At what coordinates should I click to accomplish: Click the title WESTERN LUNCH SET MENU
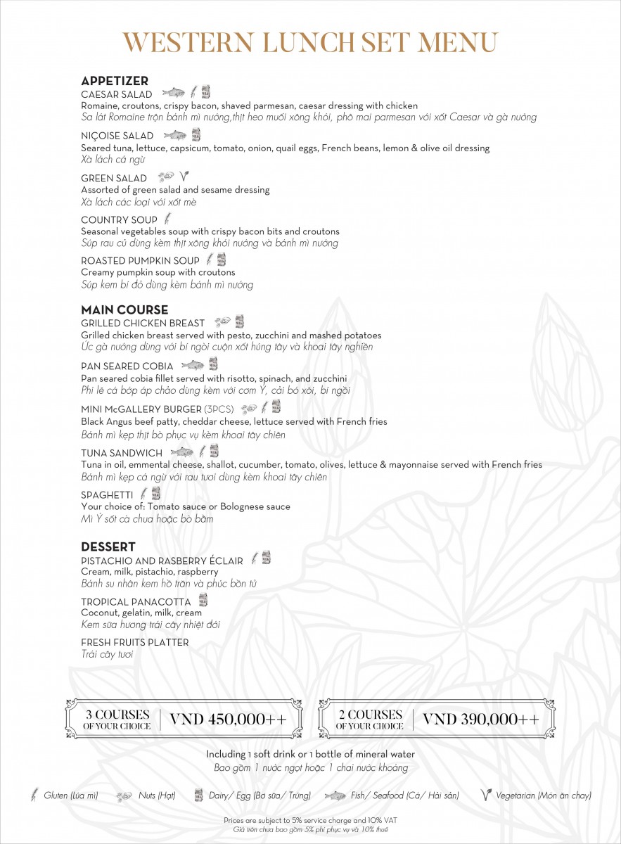point(310,42)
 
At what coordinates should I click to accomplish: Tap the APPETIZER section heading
point(115,81)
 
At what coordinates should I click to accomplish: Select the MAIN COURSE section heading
point(124,309)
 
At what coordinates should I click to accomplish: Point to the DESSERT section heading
point(108,546)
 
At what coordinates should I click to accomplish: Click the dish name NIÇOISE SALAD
point(117,136)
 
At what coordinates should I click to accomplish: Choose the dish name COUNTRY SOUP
point(119,220)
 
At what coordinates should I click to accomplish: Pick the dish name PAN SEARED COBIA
point(127,366)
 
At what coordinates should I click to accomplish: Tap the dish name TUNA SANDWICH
point(122,453)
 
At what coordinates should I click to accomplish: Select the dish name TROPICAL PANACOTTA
point(136,602)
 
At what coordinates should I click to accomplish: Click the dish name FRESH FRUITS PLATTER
point(134,642)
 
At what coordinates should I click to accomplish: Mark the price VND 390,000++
point(481,720)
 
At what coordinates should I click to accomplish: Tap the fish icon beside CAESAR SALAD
point(173,92)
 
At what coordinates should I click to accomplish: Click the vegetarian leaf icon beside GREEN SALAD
point(184,177)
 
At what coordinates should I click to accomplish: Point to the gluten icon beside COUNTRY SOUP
point(167,219)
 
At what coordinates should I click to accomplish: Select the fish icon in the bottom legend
point(335,795)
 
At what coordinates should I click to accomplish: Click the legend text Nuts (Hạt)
point(155,795)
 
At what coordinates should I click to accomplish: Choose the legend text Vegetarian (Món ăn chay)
point(543,795)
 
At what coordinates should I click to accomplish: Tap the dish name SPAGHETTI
point(107,494)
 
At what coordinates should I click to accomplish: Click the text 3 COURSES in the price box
point(117,715)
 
